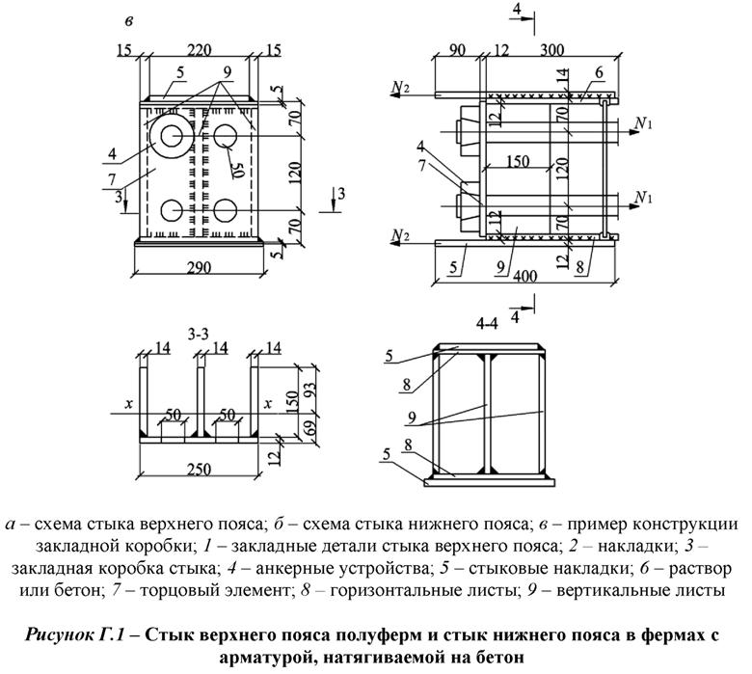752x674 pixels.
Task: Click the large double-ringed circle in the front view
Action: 175,136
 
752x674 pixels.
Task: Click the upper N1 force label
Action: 646,122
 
